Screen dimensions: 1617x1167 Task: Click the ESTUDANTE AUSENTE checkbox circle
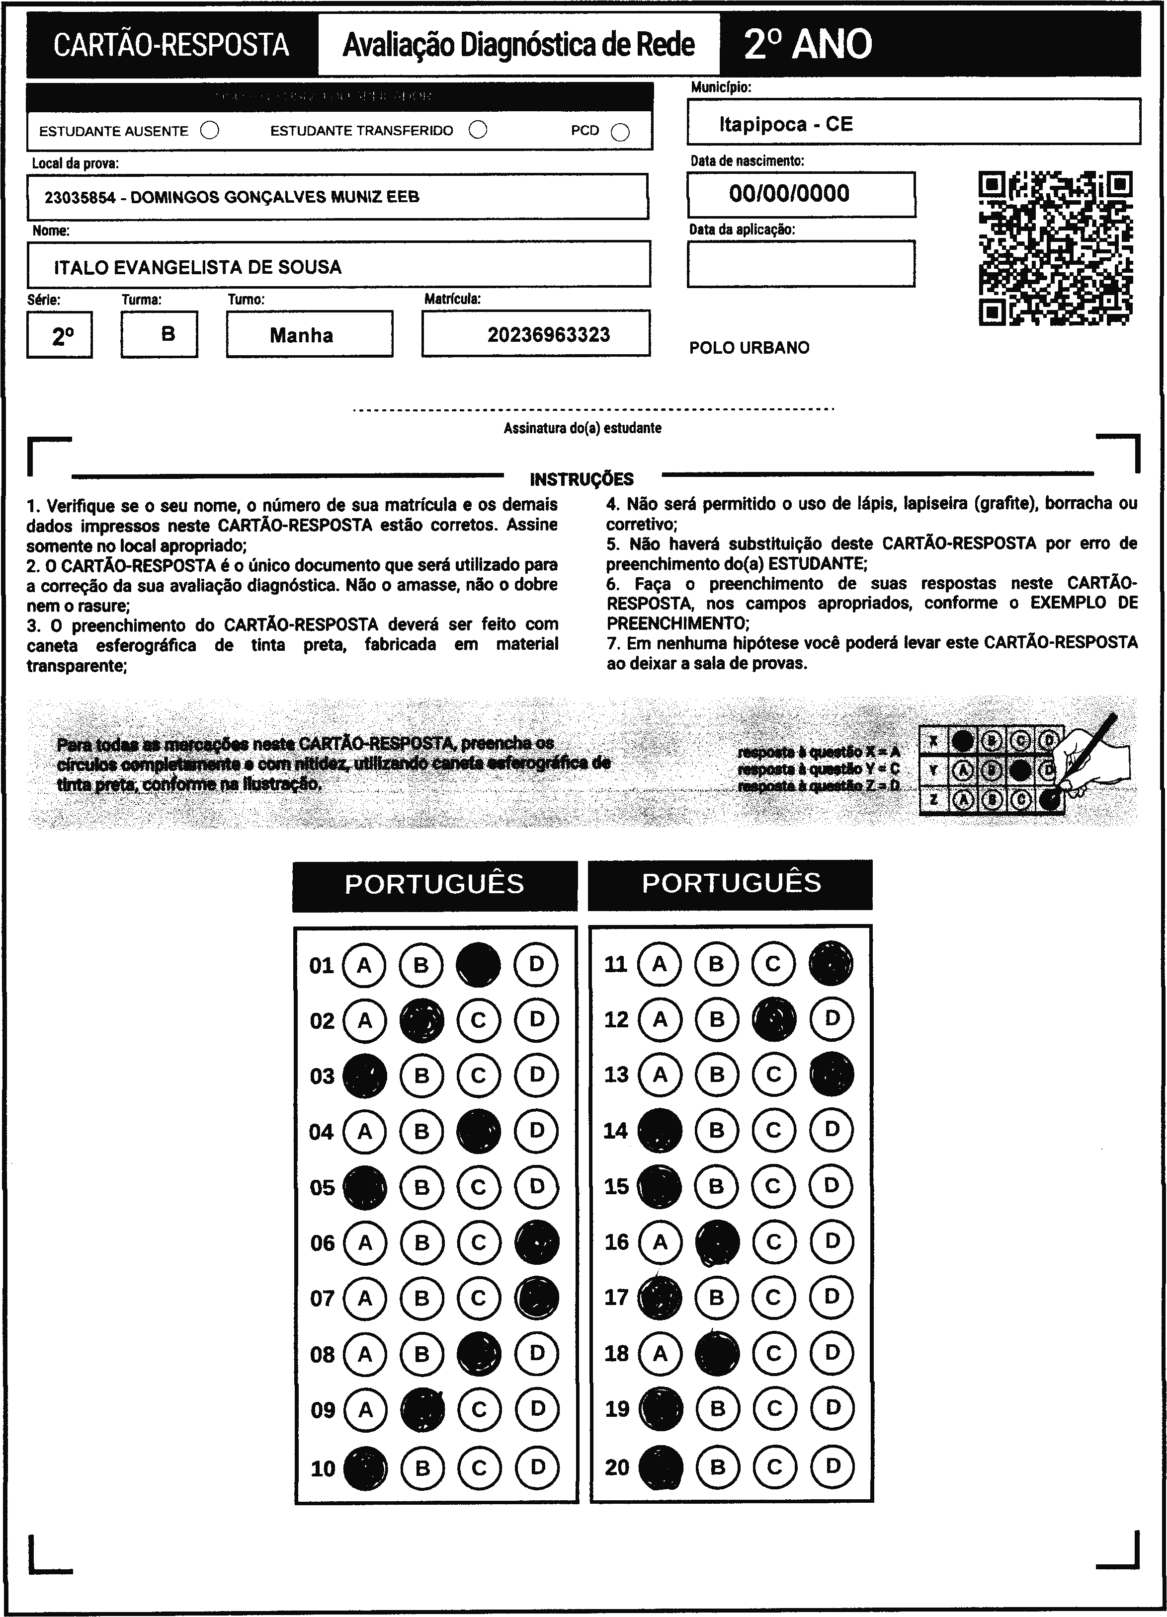coord(210,131)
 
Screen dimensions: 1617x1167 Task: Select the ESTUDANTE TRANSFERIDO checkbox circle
coord(478,130)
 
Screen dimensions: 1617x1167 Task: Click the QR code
coord(1055,248)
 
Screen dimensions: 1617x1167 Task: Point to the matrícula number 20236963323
coord(549,334)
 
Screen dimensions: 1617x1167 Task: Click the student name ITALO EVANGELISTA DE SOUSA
coord(198,267)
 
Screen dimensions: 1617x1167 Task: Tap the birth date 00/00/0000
coord(789,193)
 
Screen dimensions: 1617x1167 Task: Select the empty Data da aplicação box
coord(800,264)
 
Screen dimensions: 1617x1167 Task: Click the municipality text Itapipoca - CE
coord(785,124)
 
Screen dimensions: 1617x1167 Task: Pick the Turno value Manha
coord(301,335)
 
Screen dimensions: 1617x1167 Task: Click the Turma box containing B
coord(159,334)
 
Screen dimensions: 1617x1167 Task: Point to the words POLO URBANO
coord(749,348)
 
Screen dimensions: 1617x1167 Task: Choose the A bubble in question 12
coord(660,1019)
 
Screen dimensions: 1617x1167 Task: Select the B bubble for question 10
coord(422,1467)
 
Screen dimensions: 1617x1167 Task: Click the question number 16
coord(616,1242)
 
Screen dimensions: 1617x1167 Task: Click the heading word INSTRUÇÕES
coord(582,479)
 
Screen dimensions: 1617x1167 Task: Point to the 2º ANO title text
coord(808,44)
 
